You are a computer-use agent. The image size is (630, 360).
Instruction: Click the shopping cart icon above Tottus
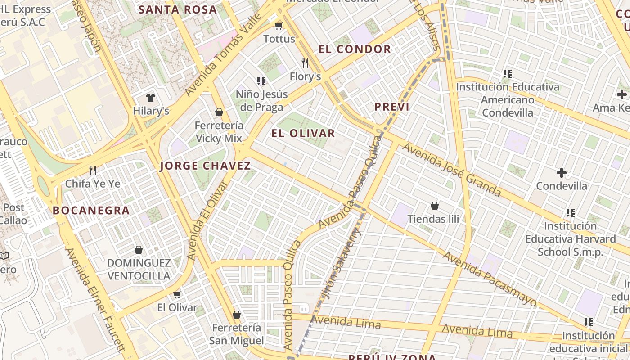click(x=279, y=26)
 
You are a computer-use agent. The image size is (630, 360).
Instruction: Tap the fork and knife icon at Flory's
click(x=305, y=63)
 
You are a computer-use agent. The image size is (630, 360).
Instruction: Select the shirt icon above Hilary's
click(x=150, y=98)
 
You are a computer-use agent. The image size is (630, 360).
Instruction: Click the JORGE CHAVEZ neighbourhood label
click(x=206, y=166)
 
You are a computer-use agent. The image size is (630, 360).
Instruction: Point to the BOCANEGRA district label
click(x=91, y=210)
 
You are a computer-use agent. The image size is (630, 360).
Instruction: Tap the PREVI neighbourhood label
click(x=392, y=107)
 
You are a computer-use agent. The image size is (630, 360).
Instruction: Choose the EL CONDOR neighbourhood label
click(x=355, y=49)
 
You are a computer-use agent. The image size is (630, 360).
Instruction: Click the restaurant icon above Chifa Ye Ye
click(x=93, y=170)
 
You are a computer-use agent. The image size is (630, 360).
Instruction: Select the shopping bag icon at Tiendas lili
click(x=435, y=206)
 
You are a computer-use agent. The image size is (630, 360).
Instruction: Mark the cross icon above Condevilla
click(x=561, y=172)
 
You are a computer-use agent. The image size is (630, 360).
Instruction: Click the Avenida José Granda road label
click(x=451, y=170)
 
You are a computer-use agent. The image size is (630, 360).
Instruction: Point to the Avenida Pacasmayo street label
click(x=490, y=279)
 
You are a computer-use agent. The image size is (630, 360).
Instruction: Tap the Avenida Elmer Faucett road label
click(x=95, y=299)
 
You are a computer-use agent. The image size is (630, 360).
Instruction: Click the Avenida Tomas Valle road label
click(x=224, y=54)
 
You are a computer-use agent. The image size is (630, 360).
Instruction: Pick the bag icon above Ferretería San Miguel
click(x=237, y=315)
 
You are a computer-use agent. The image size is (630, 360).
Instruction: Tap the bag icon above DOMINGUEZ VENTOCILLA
click(x=139, y=250)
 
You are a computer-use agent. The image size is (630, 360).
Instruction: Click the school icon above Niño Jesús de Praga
click(x=261, y=81)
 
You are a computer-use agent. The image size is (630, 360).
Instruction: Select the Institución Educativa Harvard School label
click(x=570, y=239)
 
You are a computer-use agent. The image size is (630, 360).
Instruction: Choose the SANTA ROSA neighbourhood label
click(x=177, y=9)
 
